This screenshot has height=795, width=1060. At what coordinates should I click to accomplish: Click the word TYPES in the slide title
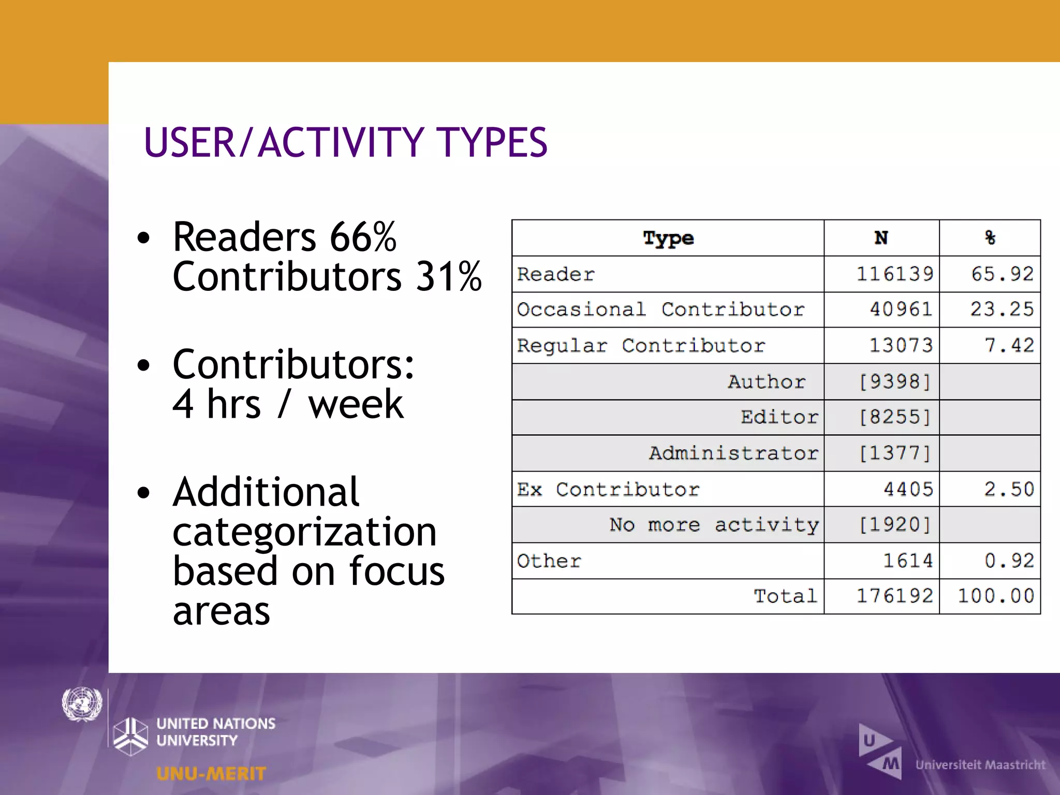[492, 142]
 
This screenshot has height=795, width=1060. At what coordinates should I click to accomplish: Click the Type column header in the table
[668, 239]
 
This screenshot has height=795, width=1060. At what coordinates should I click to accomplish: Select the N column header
[881, 238]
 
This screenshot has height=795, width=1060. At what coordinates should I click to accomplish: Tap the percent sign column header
[990, 238]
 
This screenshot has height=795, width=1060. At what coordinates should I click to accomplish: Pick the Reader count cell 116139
[895, 274]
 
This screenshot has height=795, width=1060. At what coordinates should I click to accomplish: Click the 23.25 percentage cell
[1002, 309]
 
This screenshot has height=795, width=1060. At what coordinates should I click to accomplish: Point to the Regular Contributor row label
[641, 345]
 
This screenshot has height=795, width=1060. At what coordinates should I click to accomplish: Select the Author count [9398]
[895, 381]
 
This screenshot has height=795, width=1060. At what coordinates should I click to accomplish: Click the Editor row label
[779, 417]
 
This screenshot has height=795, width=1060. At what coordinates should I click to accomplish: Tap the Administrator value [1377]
[895, 453]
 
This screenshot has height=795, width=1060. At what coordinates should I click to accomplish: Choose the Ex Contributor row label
[608, 489]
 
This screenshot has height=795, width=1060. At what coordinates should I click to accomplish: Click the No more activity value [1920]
[895, 524]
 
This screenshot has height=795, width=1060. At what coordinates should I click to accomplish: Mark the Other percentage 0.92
[1009, 561]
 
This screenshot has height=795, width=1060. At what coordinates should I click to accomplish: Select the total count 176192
[895, 596]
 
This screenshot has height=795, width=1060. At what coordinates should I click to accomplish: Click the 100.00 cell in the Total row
[996, 596]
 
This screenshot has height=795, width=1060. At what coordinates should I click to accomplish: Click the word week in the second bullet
[356, 404]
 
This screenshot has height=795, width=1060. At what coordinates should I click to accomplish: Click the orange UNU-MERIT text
[211, 774]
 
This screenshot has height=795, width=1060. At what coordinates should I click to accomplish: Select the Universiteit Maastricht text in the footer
[980, 764]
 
